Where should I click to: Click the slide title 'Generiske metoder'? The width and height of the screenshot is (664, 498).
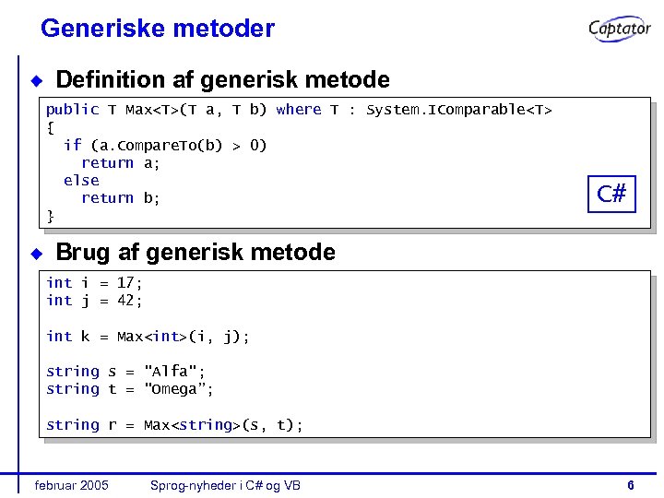pos(158,29)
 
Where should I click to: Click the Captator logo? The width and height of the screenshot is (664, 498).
pos(620,29)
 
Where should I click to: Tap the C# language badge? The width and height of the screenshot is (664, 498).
pos(611,194)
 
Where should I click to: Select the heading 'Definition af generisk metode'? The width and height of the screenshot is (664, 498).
pos(222,80)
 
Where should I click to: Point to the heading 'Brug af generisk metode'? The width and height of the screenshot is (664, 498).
pos(196,252)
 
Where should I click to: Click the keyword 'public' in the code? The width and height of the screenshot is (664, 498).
pos(72,110)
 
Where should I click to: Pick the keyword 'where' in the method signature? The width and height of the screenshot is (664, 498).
pos(299,110)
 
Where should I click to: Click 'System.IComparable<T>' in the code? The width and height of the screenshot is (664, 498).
pos(459,110)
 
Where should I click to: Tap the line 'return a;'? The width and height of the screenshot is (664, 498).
pos(121,163)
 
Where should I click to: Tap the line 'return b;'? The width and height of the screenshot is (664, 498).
pos(121,198)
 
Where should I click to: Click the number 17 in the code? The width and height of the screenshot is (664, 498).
pos(125,283)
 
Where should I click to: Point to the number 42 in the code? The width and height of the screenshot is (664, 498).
pos(125,301)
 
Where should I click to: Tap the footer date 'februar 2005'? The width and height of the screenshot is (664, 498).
pos(71,485)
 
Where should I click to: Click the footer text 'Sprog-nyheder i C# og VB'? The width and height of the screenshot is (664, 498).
pos(226,485)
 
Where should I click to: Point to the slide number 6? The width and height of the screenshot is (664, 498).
pos(630,485)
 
